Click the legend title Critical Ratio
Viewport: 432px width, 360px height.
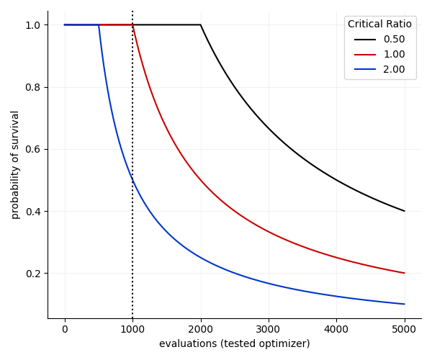(x=379, y=24)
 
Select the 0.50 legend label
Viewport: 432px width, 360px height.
(x=394, y=40)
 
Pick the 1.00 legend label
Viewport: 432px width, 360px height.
(x=394, y=55)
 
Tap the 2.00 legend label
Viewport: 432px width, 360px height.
(x=394, y=70)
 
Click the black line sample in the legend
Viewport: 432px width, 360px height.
(x=365, y=40)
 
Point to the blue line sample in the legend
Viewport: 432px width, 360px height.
(x=365, y=70)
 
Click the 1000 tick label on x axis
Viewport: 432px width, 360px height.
(x=132, y=330)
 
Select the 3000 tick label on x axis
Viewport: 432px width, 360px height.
(x=269, y=330)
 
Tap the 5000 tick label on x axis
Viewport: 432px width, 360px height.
(x=405, y=330)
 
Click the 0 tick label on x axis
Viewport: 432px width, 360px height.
(x=65, y=330)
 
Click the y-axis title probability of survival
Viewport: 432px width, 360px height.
(x=15, y=164)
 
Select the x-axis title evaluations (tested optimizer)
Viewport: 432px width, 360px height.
(x=235, y=344)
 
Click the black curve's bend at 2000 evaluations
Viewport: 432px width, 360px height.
(x=200, y=25)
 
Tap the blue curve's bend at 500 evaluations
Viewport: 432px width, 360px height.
(x=99, y=25)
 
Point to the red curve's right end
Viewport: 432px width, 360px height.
(x=405, y=273)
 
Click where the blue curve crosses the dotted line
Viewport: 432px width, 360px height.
(x=132, y=180)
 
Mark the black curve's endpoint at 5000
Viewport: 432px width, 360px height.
(x=405, y=211)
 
